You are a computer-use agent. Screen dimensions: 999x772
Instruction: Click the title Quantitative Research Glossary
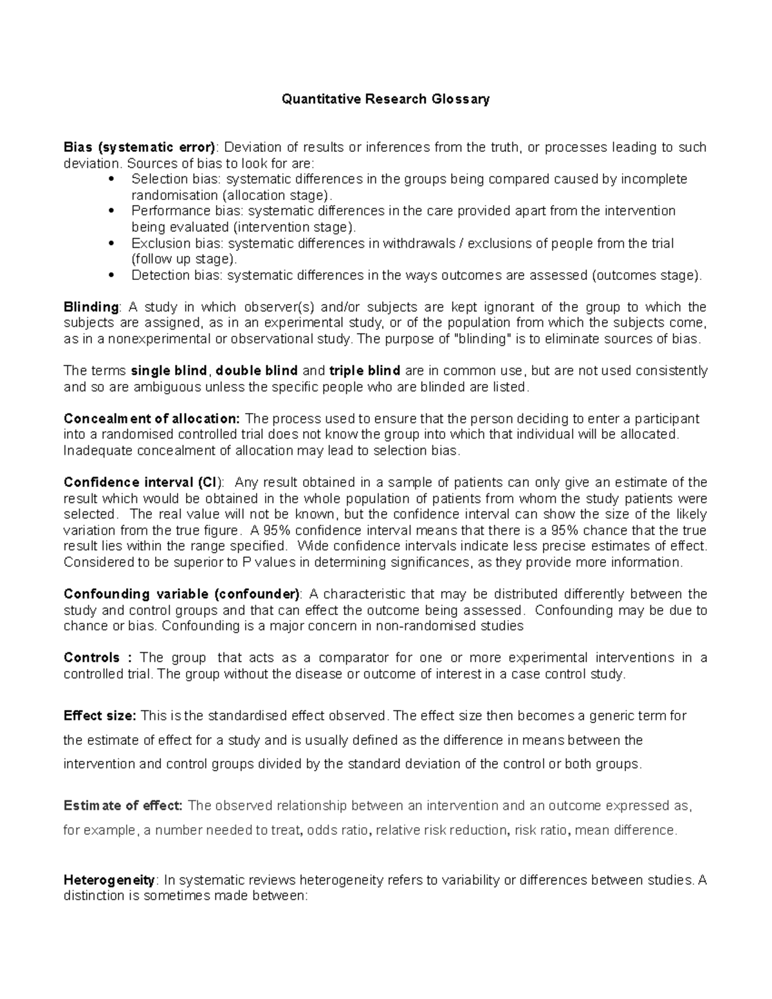[385, 99]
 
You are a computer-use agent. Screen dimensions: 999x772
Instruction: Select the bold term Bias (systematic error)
[140, 147]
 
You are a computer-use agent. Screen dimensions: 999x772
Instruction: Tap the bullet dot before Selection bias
[113, 179]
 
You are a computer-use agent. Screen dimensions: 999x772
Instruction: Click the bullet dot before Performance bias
[113, 210]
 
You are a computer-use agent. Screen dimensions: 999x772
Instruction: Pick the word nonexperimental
[146, 338]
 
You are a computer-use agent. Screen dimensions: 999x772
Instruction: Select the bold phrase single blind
[169, 371]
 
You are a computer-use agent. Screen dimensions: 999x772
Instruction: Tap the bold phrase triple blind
[365, 371]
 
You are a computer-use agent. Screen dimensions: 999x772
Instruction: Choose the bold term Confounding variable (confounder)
[182, 594]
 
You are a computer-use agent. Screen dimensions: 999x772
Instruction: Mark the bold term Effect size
[100, 716]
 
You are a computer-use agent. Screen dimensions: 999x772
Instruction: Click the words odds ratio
[338, 830]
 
